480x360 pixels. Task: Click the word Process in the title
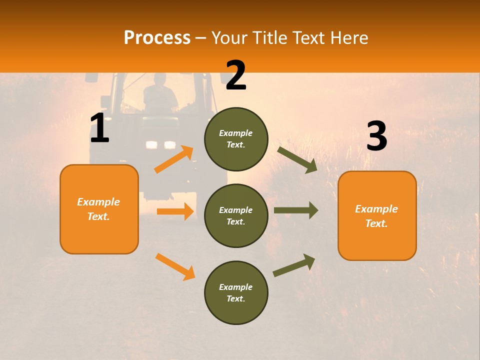point(157,38)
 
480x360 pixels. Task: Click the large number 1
point(99,128)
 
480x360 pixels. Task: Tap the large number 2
point(235,75)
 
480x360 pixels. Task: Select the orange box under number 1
point(99,209)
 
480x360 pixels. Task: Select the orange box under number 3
point(377,216)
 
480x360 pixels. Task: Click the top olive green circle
point(236,139)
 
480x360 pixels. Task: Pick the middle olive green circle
point(236,216)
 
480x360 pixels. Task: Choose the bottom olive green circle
point(236,293)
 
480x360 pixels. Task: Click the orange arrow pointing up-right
point(174,159)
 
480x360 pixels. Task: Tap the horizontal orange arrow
point(175,211)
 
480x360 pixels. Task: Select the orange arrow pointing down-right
point(175,266)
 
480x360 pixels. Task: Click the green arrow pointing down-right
point(297,160)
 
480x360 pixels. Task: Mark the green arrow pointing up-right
point(294,265)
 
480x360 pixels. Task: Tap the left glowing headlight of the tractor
point(151,145)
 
